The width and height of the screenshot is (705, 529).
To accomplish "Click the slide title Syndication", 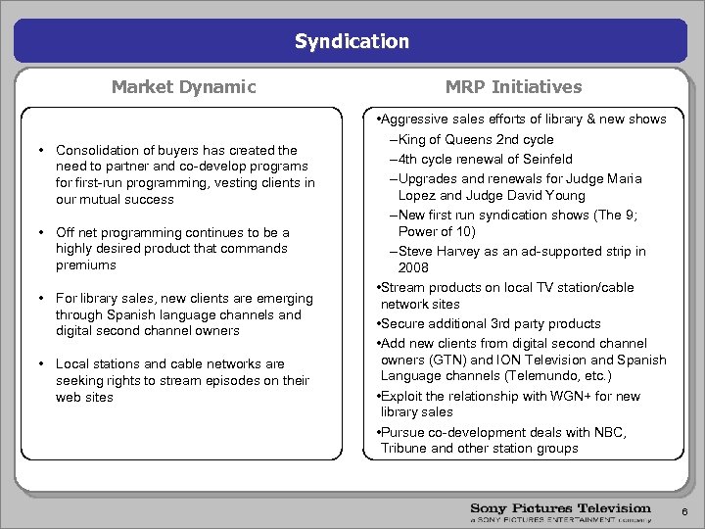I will pyautogui.click(x=352, y=41).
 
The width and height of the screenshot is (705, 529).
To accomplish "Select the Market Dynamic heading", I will pyautogui.click(x=183, y=87).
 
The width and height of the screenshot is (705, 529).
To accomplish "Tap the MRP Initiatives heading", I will pyautogui.click(x=513, y=87).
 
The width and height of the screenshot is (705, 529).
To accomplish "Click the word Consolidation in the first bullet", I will pyautogui.click(x=97, y=150).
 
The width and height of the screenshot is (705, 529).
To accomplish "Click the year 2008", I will pyautogui.click(x=414, y=267).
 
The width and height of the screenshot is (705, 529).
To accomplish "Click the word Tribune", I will pyautogui.click(x=403, y=449).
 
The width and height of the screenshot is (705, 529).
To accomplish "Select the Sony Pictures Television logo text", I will pyautogui.click(x=560, y=508).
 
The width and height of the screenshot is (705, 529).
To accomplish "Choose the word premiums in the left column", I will pyautogui.click(x=85, y=265).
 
